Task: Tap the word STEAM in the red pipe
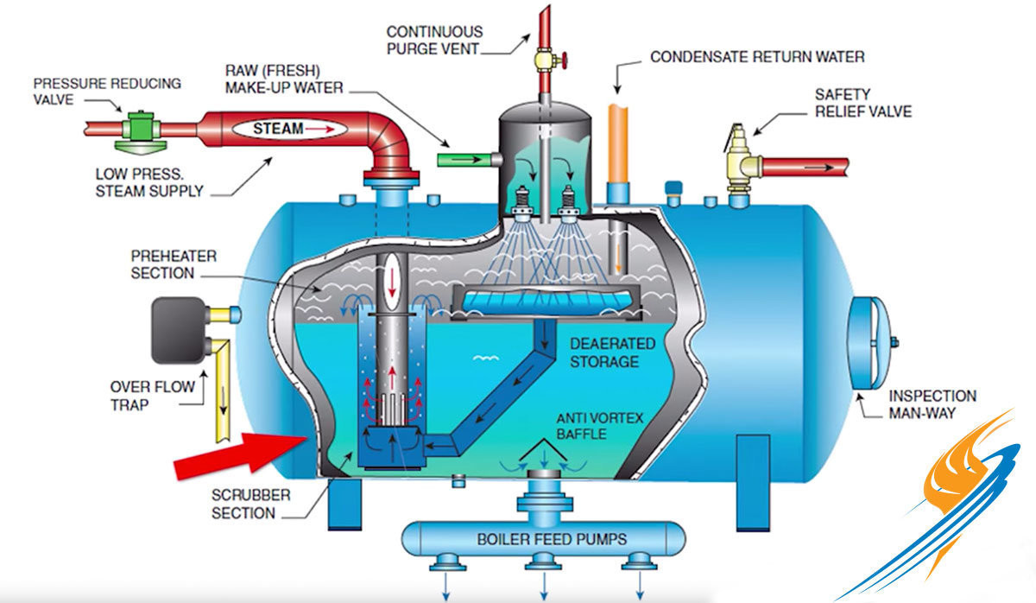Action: [278, 130]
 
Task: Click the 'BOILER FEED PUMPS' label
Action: [540, 540]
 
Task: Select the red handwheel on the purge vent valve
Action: [562, 61]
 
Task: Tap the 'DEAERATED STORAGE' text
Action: [612, 352]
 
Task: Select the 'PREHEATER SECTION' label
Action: [162, 265]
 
